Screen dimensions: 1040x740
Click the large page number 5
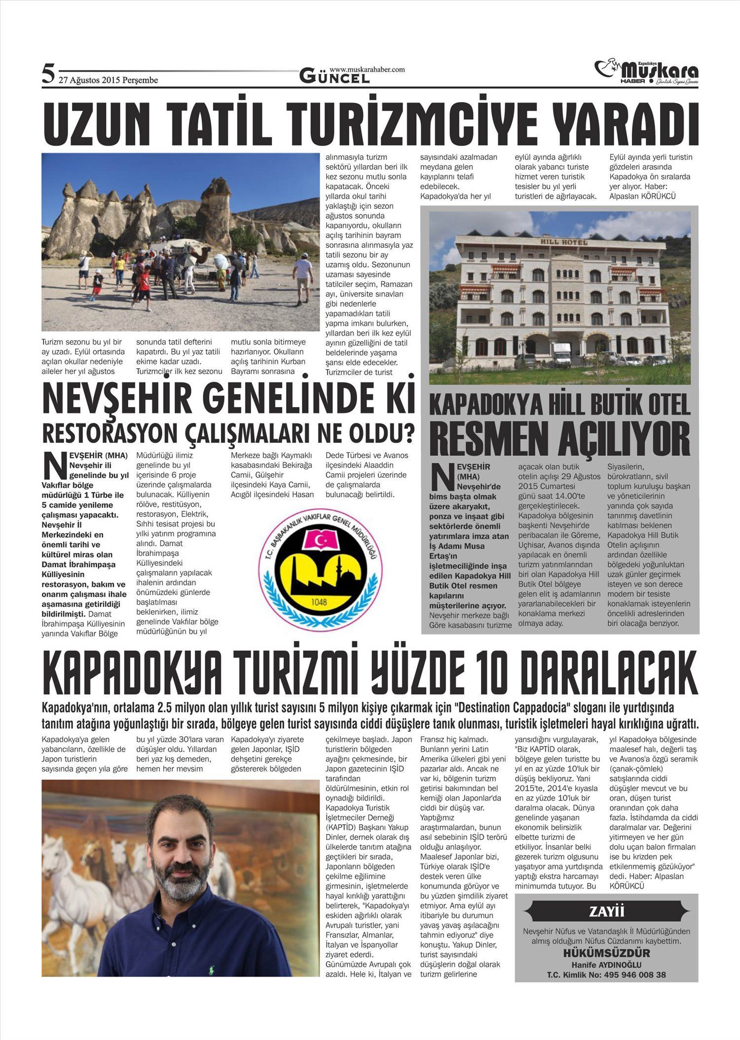click(48, 74)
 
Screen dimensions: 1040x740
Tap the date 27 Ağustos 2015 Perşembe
click(109, 80)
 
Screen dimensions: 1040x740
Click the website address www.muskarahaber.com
click(367, 69)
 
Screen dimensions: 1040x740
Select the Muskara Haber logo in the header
click(647, 72)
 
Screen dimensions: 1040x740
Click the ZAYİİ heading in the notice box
click(607, 911)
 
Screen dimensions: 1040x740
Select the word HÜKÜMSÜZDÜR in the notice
click(606, 953)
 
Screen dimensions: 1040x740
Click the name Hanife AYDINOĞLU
click(606, 965)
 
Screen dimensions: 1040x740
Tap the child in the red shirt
click(144, 286)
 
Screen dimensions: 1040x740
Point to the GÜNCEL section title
click(334, 77)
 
